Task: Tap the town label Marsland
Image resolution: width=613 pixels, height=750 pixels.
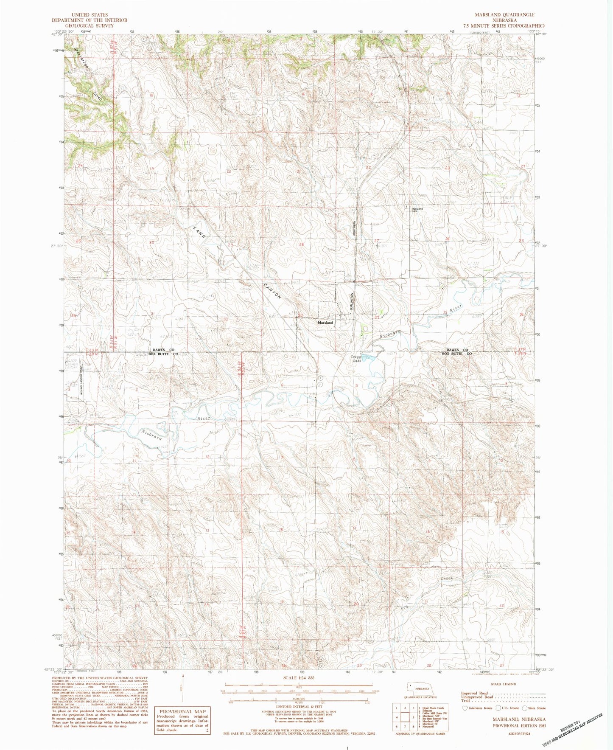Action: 326,323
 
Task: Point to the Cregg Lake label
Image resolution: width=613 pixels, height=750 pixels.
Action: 355,359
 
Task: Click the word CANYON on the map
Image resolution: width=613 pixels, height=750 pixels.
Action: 272,291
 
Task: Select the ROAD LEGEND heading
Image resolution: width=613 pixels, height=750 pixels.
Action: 503,684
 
